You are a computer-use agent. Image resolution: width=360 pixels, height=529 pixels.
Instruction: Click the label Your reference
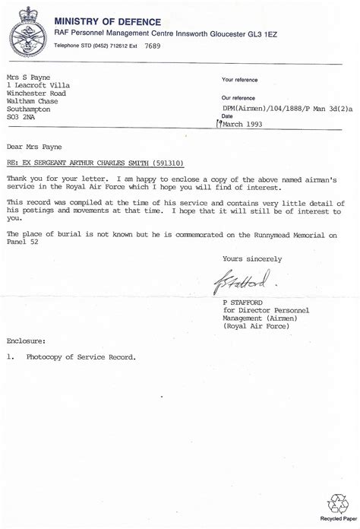tap(242, 79)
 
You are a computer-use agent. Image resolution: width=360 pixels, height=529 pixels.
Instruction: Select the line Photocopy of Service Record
tap(81, 357)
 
